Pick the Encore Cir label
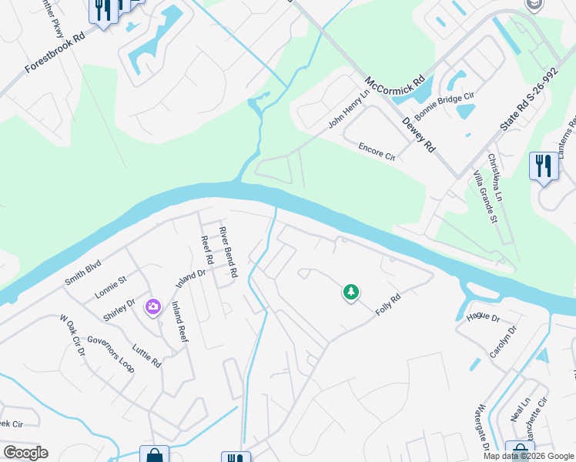click(377, 150)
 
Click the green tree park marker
click(351, 292)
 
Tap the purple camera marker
click(152, 307)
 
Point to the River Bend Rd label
click(229, 253)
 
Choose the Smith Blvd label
click(82, 273)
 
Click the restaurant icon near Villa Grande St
click(543, 166)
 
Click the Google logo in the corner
click(26, 453)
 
